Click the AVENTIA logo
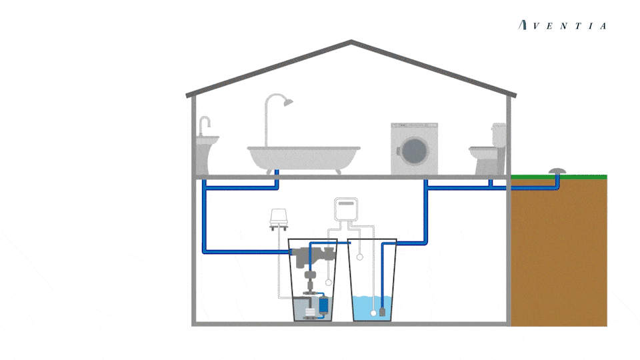pyautogui.click(x=563, y=26)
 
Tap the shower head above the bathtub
pyautogui.click(x=287, y=101)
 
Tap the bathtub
pyautogui.click(x=303, y=157)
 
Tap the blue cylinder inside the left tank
pyautogui.click(x=324, y=304)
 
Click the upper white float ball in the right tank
pyautogui.click(x=360, y=256)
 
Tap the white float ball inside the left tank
pyautogui.click(x=328, y=282)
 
